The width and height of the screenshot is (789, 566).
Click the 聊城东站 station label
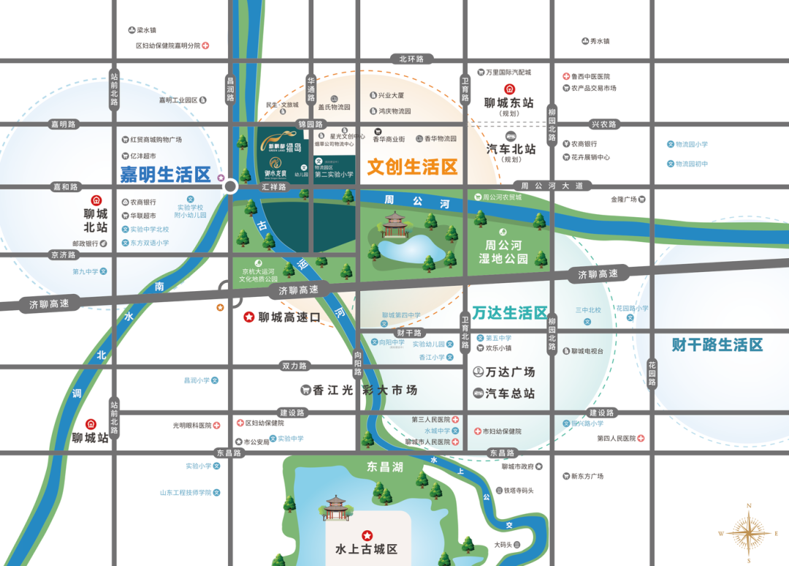pos(510,103)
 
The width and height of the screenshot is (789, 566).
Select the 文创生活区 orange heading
pos(412,167)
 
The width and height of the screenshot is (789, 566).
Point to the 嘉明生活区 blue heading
pos(166,175)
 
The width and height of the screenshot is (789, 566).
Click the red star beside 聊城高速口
pos(249,317)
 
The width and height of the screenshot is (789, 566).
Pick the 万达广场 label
pos(511,371)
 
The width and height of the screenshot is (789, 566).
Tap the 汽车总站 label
pos(511,393)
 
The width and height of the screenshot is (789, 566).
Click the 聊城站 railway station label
pos(91,438)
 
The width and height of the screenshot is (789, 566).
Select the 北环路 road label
pos(411,59)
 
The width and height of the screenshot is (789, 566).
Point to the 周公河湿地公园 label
pos(504,251)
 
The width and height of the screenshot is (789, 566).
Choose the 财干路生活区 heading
pos(717,344)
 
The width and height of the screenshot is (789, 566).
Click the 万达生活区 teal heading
pos(510,313)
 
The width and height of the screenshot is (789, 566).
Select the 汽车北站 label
pos(511,148)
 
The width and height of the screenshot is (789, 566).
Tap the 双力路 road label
pos(294,366)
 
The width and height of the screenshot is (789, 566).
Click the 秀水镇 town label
pos(600,41)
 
